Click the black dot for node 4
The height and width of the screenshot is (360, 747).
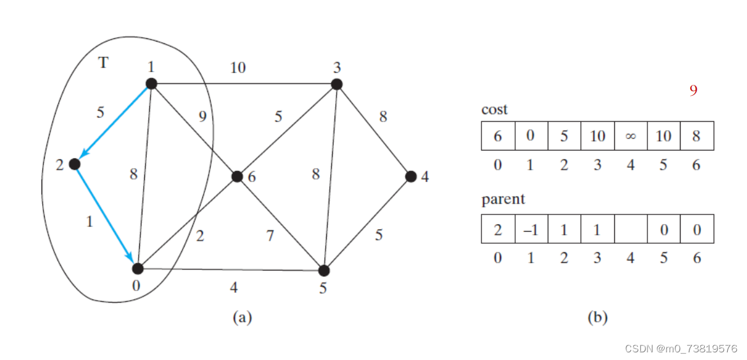pyautogui.click(x=411, y=176)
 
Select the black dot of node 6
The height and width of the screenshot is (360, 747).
pyautogui.click(x=237, y=176)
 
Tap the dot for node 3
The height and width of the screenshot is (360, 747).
pyautogui.click(x=336, y=84)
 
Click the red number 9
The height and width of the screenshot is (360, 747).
pyautogui.click(x=693, y=91)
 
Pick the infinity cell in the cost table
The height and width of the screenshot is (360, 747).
pyautogui.click(x=630, y=137)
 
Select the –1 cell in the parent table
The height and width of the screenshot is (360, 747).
pyautogui.click(x=531, y=229)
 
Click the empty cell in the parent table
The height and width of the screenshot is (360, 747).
pyautogui.click(x=630, y=229)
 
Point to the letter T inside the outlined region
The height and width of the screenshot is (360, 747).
pyautogui.click(x=103, y=62)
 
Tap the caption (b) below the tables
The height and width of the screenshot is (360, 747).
pyautogui.click(x=596, y=317)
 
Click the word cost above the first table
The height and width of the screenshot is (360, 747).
pyautogui.click(x=494, y=109)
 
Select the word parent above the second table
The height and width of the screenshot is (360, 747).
pyautogui.click(x=503, y=199)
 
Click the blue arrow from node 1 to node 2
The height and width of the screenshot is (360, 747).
pyautogui.click(x=113, y=124)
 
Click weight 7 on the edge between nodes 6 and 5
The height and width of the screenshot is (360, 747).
pyautogui.click(x=270, y=236)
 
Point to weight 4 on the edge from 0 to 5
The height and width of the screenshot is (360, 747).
pyautogui.click(x=234, y=287)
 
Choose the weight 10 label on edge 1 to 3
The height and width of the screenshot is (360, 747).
pyautogui.click(x=238, y=67)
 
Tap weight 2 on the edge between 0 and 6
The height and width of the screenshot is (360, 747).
pyautogui.click(x=200, y=236)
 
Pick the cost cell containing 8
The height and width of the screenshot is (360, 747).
pyautogui.click(x=697, y=137)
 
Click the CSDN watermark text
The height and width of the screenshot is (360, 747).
pyautogui.click(x=681, y=349)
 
